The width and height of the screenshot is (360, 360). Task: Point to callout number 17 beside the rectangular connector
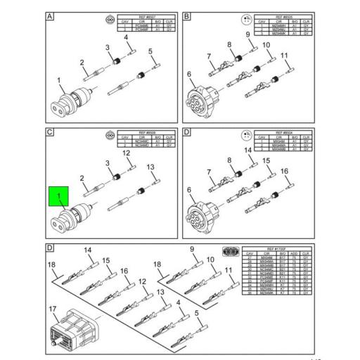(53, 309)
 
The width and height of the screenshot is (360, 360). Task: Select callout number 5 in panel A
(150, 51)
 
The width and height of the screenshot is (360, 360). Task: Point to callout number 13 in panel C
(150, 167)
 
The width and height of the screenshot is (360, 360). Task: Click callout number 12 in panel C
(127, 153)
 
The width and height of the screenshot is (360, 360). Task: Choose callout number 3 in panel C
(108, 163)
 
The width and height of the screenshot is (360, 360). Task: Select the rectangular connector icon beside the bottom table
(229, 253)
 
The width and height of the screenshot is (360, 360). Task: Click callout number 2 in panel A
(82, 63)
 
